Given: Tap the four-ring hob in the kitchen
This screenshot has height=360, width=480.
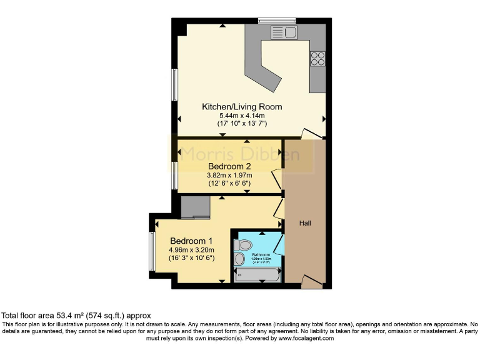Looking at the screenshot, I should (x=317, y=59).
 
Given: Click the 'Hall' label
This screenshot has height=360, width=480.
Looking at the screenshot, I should (x=304, y=223).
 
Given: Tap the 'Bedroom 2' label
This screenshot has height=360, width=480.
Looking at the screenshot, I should (x=229, y=166).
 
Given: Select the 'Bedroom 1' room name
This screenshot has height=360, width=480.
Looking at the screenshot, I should (x=191, y=241).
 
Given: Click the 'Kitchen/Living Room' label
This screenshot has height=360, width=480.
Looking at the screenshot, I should (x=241, y=107).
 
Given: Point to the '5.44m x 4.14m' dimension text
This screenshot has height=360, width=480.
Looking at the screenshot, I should (x=241, y=116).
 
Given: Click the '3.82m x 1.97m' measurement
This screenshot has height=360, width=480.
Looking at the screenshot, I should (x=229, y=175).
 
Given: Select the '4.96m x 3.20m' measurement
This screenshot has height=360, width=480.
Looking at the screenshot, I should (x=191, y=250).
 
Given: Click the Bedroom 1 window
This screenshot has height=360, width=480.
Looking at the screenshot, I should (x=151, y=252).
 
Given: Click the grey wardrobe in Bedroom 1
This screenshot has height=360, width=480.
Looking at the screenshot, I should (x=195, y=207).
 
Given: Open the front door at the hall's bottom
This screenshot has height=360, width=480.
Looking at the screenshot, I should (x=312, y=281).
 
